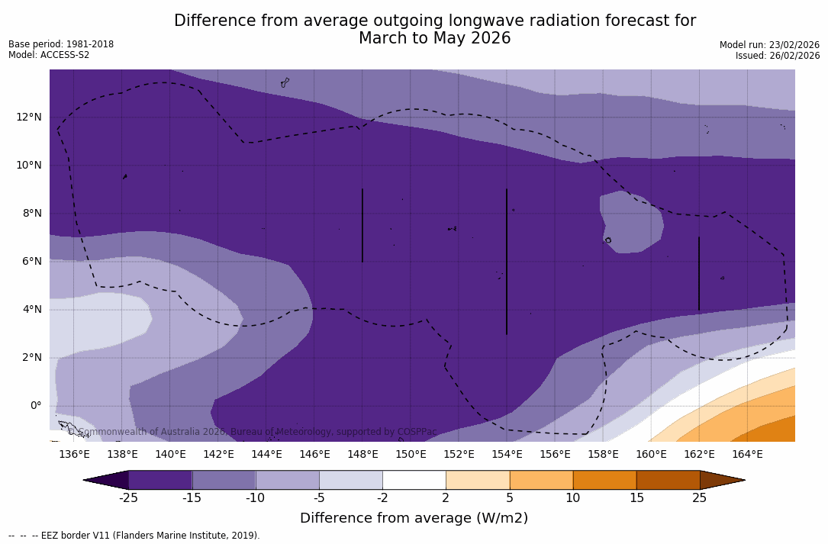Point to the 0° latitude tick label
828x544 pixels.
point(36,405)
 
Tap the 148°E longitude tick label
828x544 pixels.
point(362,454)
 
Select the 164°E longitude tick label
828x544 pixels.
point(747,454)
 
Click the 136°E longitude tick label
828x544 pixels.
point(74,454)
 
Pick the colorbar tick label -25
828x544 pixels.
point(128,498)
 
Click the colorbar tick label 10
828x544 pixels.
point(572,498)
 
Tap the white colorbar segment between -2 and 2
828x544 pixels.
point(414,480)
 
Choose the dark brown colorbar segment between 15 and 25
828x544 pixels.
point(668,480)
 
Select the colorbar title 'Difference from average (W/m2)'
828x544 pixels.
point(414,518)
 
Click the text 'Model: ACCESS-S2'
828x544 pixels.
point(49,55)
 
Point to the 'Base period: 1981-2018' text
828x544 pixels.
point(61,44)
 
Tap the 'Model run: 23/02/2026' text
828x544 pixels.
point(769,45)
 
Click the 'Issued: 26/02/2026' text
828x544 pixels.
point(778,56)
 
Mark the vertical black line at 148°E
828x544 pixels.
point(362,225)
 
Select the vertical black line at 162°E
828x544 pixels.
point(699,273)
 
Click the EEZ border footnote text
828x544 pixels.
point(134,536)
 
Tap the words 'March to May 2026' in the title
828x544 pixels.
point(434,38)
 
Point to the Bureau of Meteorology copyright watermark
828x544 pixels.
point(252,432)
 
